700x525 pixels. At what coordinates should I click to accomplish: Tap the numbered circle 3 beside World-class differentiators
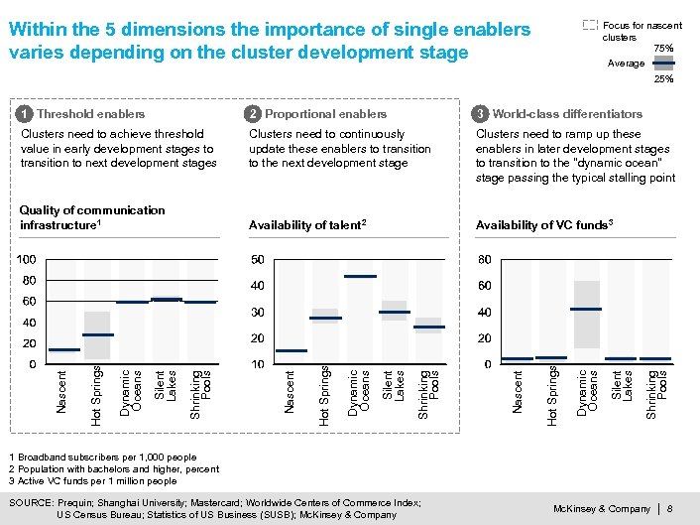[481, 114]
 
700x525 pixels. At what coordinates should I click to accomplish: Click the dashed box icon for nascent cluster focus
[590, 24]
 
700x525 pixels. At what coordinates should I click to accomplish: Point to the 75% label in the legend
[663, 48]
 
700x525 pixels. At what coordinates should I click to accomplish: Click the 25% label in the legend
[663, 78]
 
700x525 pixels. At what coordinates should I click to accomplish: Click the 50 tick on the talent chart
[257, 259]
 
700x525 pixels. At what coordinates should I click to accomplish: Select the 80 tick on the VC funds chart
[485, 259]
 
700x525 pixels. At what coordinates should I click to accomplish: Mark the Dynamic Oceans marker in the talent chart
[360, 276]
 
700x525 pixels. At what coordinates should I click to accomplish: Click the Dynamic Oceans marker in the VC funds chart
[587, 310]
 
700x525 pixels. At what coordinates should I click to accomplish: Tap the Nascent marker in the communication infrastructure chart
[64, 349]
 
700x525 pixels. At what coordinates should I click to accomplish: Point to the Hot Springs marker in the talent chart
[325, 318]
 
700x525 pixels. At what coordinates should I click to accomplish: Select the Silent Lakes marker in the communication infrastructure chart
[167, 299]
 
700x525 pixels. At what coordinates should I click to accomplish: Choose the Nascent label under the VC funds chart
[517, 391]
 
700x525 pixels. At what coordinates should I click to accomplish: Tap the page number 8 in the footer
[671, 509]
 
